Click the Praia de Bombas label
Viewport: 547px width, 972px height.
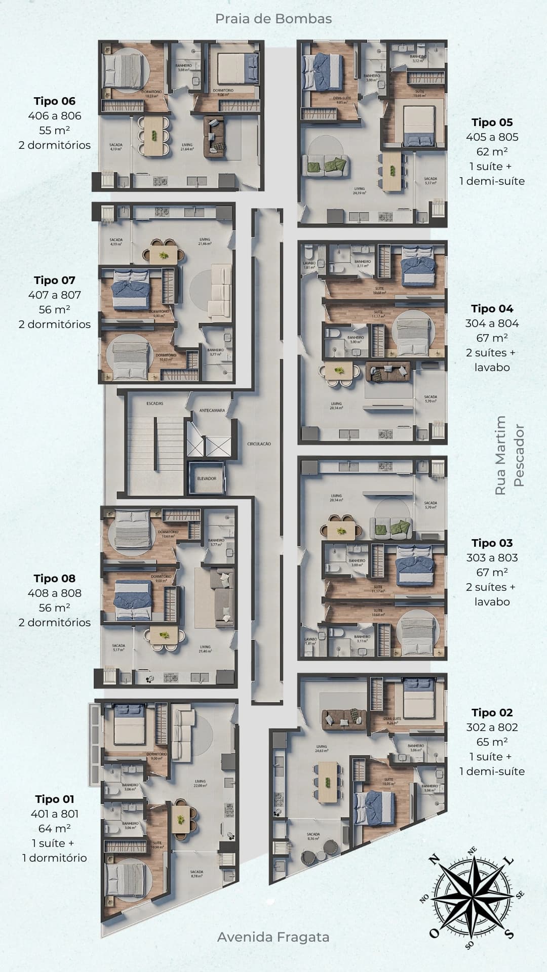click(x=273, y=19)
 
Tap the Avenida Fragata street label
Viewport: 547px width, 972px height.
click(x=273, y=937)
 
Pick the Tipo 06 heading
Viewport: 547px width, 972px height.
click(x=55, y=101)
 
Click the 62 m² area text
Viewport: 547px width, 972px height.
click(x=492, y=151)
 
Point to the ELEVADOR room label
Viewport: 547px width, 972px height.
click(x=207, y=478)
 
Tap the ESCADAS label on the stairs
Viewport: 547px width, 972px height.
click(x=154, y=403)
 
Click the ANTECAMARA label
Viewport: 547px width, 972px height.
click(x=212, y=410)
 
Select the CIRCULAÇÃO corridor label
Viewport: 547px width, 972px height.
click(x=259, y=443)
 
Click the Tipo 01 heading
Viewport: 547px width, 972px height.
click(x=55, y=799)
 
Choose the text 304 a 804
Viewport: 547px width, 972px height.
click(x=492, y=323)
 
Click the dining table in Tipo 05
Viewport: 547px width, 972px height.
click(x=391, y=171)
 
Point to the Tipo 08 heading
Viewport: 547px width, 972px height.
click(x=55, y=578)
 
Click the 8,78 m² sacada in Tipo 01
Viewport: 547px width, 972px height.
click(x=197, y=874)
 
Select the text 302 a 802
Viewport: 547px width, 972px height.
click(x=492, y=727)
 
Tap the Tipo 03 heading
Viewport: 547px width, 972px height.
click(x=492, y=543)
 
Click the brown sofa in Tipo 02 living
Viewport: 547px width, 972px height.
click(x=345, y=716)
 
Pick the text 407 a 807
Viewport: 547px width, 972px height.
click(x=55, y=295)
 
